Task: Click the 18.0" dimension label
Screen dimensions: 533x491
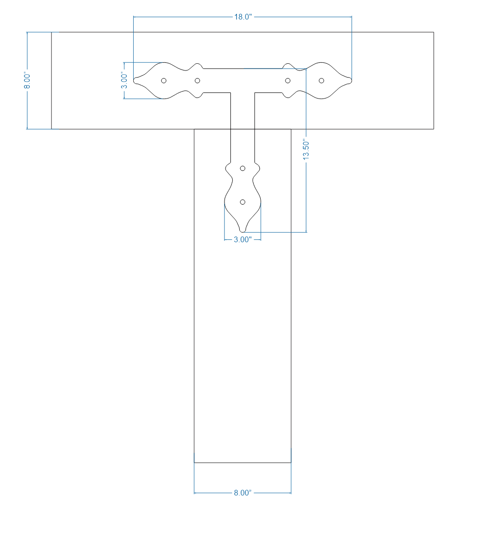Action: click(x=242, y=17)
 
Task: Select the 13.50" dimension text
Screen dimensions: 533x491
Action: click(x=306, y=149)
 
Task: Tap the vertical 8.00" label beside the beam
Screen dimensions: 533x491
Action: click(x=28, y=80)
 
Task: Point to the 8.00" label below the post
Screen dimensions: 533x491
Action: click(x=242, y=493)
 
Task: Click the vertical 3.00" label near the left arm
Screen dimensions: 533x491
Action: click(x=124, y=80)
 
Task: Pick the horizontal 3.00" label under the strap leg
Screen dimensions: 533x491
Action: click(x=242, y=240)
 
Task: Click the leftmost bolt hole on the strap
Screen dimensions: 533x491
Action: click(x=164, y=80)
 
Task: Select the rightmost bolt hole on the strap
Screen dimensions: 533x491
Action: click(x=322, y=80)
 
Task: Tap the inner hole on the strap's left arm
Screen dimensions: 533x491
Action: click(x=197, y=80)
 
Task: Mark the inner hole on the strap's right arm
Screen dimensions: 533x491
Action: click(x=288, y=80)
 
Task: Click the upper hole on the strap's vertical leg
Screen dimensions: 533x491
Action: click(x=243, y=168)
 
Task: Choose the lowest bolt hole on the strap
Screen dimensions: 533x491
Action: click(x=243, y=202)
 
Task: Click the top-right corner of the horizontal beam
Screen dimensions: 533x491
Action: click(x=433, y=32)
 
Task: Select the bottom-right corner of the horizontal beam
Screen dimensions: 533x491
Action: click(x=433, y=129)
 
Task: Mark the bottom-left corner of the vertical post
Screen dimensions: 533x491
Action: click(x=194, y=463)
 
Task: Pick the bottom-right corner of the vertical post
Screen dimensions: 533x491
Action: click(x=291, y=463)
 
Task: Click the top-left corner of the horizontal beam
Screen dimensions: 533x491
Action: click(x=51, y=32)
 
